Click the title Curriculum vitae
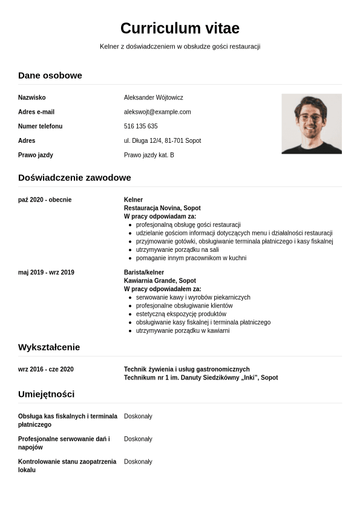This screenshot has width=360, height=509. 180,28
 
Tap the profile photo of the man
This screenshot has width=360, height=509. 311,123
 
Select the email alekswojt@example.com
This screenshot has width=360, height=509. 157,112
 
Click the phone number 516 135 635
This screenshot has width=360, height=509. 140,126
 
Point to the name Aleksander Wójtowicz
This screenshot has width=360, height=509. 153,97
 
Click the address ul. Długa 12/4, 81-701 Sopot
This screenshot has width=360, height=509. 162,140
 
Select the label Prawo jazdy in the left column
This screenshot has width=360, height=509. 36,155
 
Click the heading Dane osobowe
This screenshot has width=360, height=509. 50,75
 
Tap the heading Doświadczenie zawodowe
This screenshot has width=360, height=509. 74,177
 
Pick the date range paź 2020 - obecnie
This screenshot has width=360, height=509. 45,200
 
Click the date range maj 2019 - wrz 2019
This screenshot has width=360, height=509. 46,272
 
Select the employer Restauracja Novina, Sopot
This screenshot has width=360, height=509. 162,208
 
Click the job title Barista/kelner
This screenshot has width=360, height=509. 144,272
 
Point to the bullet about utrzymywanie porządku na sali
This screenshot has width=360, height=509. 177,249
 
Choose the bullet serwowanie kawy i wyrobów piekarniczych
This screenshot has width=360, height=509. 193,297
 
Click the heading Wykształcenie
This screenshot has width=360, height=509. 49,347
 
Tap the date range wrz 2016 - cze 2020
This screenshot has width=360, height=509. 46,369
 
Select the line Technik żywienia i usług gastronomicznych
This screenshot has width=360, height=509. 186,369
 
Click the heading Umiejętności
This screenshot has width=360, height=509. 47,394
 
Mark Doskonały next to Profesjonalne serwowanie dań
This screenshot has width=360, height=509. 138,439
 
